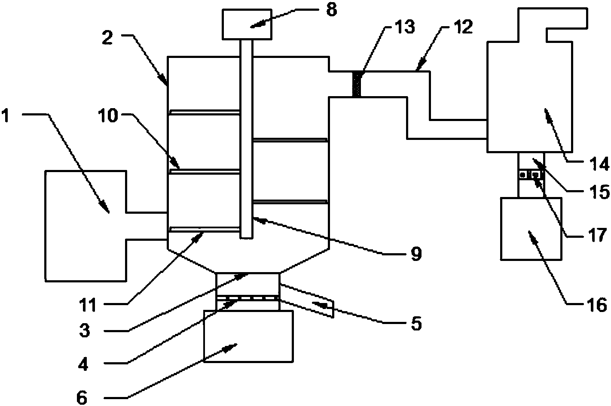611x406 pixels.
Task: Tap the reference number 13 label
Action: point(405,27)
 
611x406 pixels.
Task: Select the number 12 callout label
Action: point(463,27)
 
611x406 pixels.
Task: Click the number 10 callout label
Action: point(109,116)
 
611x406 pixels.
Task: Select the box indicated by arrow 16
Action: point(531,228)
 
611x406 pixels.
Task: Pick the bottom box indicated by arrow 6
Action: point(248,336)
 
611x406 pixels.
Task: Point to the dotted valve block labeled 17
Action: point(531,175)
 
